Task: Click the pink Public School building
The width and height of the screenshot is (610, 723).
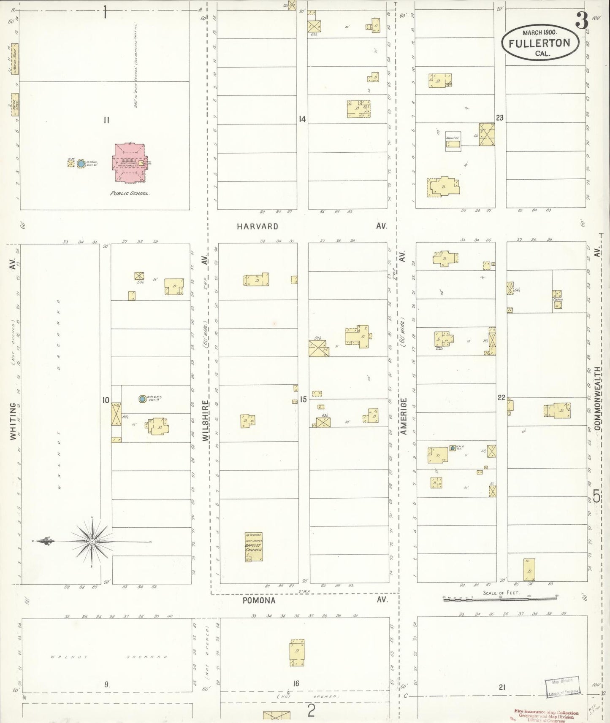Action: pos(129,162)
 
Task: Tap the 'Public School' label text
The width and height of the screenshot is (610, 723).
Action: pos(130,193)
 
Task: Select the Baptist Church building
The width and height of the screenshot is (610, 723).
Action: pos(254,547)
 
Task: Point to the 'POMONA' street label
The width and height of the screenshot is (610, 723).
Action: pos(259,600)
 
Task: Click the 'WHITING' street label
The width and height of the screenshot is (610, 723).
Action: pos(13,421)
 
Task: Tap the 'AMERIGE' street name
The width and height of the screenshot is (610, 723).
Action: pos(403,416)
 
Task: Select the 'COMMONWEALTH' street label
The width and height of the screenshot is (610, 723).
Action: pos(597,398)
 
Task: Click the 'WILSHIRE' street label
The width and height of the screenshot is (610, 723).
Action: pos(206,421)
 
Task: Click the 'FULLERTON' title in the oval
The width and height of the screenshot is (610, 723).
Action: pos(539,43)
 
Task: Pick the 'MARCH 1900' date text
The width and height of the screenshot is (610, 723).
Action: pos(540,32)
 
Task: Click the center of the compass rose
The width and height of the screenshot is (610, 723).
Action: pos(92,541)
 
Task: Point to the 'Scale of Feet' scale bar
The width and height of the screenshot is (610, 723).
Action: pos(500,597)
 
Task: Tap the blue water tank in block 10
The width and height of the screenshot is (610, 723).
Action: pos(143,399)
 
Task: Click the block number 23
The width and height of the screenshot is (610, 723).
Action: pos(500,118)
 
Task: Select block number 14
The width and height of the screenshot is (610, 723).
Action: pos(302,119)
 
